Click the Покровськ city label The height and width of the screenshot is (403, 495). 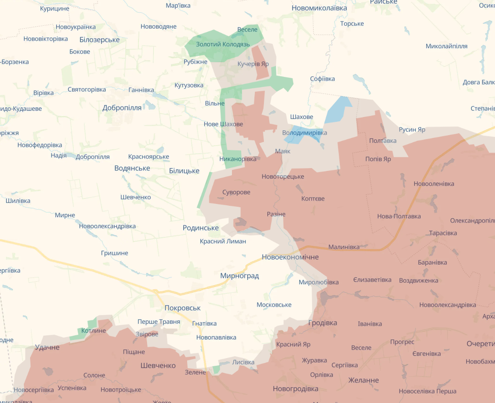(x=182, y=308)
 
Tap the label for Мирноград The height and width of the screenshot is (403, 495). (x=239, y=276)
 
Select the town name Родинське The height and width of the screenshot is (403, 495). (x=200, y=228)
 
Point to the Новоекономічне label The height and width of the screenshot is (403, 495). (x=290, y=257)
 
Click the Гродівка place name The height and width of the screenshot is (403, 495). (x=323, y=323)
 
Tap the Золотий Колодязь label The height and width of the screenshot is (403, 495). (x=223, y=44)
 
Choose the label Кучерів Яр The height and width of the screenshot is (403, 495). (x=253, y=64)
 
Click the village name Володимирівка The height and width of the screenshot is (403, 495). (x=305, y=132)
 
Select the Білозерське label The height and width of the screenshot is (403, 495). (x=99, y=40)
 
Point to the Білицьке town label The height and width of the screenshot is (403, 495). (x=184, y=170)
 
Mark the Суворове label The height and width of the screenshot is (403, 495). (x=236, y=192)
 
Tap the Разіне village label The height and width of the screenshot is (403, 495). (x=276, y=214)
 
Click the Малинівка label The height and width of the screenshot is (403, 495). (x=344, y=247)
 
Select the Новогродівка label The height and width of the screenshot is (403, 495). (x=295, y=389)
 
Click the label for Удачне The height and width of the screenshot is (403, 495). (x=47, y=347)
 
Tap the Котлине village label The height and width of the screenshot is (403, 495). (x=94, y=330)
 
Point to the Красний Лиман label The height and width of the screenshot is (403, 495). (x=223, y=241)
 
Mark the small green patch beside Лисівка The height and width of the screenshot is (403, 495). (x=216, y=369)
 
